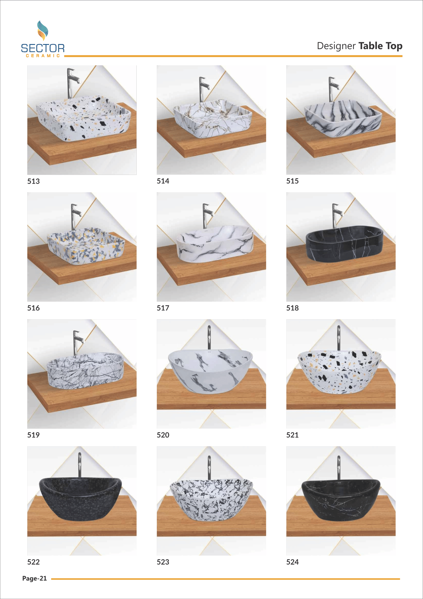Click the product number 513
click(33, 181)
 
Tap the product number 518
click(292, 308)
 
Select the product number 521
click(292, 435)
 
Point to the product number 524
click(292, 562)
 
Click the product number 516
click(33, 308)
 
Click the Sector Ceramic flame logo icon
click(42, 31)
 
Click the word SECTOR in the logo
click(43, 48)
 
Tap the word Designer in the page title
click(336, 46)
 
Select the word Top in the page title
click(394, 46)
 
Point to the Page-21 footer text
click(34, 578)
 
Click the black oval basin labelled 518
click(345, 244)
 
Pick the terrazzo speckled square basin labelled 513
click(83, 118)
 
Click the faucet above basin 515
click(333, 89)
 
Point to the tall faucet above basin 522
click(80, 465)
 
